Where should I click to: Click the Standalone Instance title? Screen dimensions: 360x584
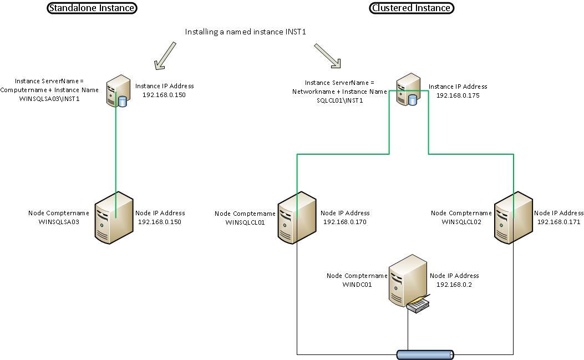click(x=92, y=8)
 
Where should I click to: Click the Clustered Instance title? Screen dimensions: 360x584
click(x=412, y=8)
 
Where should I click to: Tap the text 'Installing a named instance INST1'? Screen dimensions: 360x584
click(x=246, y=32)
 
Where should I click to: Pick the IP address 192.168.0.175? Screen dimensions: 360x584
click(x=458, y=95)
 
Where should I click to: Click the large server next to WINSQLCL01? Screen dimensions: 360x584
click(x=296, y=216)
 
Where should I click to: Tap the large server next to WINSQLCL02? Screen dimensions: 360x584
click(x=512, y=216)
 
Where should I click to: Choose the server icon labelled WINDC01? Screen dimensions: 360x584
click(x=405, y=279)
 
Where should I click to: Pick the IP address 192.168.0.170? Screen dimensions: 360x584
click(x=344, y=222)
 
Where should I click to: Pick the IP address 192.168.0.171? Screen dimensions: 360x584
click(x=558, y=222)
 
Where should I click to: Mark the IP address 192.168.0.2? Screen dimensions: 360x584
click(x=454, y=285)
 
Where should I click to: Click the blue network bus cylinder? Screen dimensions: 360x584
click(x=425, y=354)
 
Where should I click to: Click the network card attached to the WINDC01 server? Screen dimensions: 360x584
click(x=419, y=304)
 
